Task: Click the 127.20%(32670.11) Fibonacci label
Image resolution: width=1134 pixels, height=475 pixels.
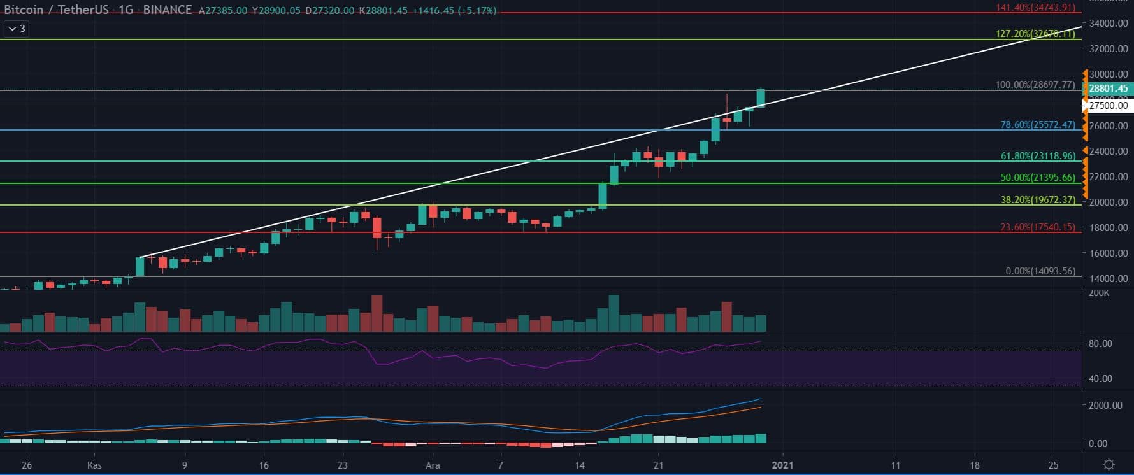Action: coord(1035,34)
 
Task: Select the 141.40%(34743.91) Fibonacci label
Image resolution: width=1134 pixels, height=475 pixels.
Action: coord(1035,8)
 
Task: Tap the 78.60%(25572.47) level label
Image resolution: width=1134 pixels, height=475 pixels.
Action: coord(1038,125)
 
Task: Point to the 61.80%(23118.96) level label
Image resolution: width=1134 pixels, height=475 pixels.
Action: coord(1038,155)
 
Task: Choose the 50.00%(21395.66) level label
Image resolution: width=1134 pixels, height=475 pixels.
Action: coord(1038,178)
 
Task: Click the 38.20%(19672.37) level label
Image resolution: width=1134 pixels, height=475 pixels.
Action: coord(1038,200)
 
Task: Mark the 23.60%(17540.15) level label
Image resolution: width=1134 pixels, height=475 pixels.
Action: coord(1038,227)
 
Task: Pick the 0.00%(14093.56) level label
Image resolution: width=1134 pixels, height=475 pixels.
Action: coord(1040,271)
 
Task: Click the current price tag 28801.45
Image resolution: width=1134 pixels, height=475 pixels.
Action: coord(1108,89)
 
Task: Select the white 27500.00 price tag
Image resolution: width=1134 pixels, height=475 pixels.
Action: coord(1108,106)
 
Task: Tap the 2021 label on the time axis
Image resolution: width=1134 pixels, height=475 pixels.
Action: coord(782,465)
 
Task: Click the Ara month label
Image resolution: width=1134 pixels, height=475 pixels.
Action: coord(433,465)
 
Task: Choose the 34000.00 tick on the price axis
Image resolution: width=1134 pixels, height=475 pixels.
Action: coord(1109,24)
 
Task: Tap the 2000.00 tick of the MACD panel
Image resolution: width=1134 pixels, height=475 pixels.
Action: coord(1105,406)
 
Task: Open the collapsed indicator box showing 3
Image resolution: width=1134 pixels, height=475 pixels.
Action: coord(17,29)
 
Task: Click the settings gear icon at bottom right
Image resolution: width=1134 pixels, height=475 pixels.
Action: coord(1109,464)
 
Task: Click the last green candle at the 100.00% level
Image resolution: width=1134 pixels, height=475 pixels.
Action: coord(761,97)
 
